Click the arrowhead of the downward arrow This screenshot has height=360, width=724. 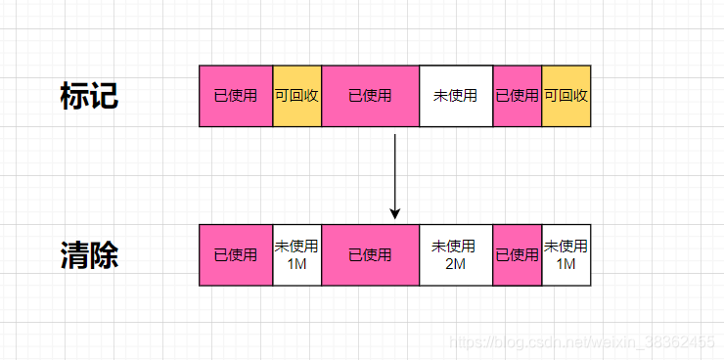[394, 212]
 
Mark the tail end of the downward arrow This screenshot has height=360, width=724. [394, 135]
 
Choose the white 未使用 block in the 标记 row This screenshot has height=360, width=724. [455, 96]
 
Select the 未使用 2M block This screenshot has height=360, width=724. [455, 255]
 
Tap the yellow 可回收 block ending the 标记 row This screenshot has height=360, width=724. [566, 96]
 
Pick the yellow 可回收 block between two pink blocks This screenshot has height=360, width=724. [296, 96]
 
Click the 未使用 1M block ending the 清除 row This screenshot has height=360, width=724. [566, 255]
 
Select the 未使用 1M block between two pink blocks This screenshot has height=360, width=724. [296, 255]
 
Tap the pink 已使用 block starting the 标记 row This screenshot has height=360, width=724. [236, 96]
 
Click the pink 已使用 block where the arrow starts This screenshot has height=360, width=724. [370, 96]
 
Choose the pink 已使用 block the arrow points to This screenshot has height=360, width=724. [370, 255]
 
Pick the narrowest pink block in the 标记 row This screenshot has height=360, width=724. [517, 96]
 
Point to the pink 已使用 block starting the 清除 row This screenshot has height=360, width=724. [236, 255]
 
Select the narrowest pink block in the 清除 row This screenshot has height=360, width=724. [517, 255]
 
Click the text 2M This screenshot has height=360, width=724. [455, 264]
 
